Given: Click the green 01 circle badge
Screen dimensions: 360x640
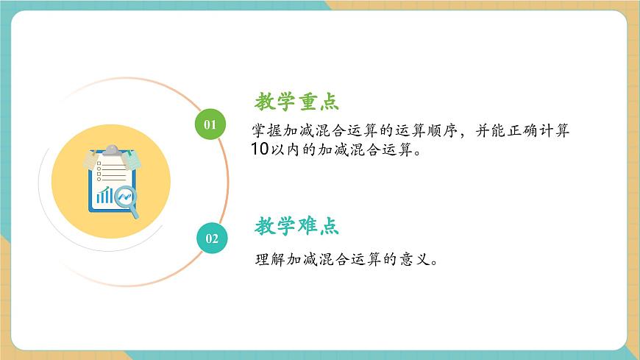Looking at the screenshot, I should [210, 124].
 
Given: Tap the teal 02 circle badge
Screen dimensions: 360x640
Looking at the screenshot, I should [212, 238].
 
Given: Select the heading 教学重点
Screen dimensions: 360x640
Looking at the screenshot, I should [296, 101].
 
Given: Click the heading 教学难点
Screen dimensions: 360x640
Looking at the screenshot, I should [296, 226].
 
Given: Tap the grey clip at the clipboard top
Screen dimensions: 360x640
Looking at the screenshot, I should [111, 150].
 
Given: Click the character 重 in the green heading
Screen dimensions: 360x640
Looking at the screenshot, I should [307, 101].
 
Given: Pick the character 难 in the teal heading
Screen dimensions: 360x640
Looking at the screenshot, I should [307, 226].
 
